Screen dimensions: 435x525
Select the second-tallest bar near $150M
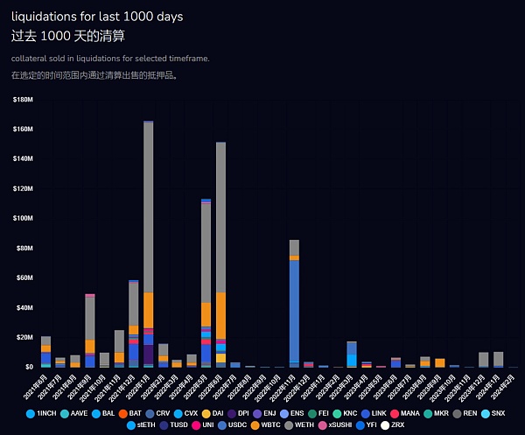point(220,219)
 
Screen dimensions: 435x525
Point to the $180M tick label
point(24,100)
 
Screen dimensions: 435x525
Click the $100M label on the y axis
point(24,218)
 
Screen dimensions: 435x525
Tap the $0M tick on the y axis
point(27,367)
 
